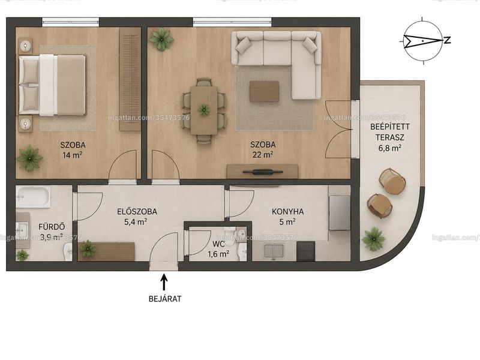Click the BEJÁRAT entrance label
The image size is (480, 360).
pos(164,298)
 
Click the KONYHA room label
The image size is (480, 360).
pos(288,212)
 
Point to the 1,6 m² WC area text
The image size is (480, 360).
pos(218,254)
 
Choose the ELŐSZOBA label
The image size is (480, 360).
pos(137,211)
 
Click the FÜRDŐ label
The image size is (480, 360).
pos(52,227)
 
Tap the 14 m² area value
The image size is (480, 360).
pos(73,155)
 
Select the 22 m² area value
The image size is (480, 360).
pos(263,155)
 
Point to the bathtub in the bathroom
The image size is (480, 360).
pos(33,197)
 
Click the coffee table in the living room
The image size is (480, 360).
pos(264,91)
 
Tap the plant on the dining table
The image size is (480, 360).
pos(203,109)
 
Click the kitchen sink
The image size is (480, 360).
pos(274,251)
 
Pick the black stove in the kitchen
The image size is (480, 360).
pos(305,251)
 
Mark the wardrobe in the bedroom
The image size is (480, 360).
pos(130,79)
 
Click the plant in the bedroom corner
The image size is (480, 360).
pos(29,158)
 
